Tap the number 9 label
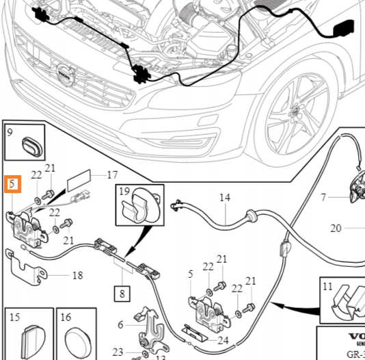click(10, 133)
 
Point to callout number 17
click(112, 175)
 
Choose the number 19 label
click(124, 192)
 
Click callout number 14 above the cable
click(225, 199)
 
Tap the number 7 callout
click(324, 198)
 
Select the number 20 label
click(335, 229)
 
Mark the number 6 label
click(121, 325)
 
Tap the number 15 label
click(15, 318)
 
